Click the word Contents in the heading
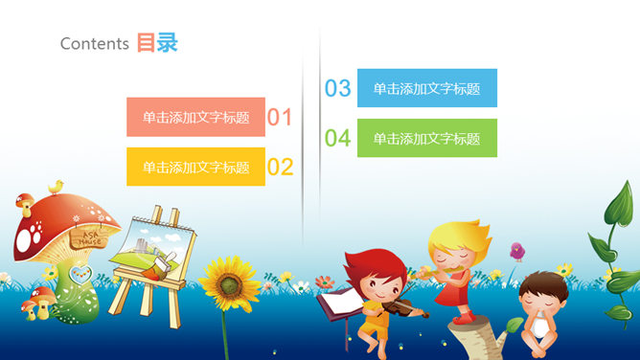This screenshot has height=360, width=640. coord(94,43)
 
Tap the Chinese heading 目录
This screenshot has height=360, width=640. coord(157,43)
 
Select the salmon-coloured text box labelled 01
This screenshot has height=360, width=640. coord(195,117)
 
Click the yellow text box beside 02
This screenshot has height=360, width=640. coord(195,168)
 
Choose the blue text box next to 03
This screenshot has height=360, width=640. coord(426,88)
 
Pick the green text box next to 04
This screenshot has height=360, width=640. coord(426,138)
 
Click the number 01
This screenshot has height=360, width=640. coord(280,118)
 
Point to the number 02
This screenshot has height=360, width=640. coord(280,168)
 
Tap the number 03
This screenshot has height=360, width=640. coord(338,89)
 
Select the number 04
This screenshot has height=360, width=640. coord(338,139)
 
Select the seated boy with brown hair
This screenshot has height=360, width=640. coord(538,306)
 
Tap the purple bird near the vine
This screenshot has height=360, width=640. coord(517,251)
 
